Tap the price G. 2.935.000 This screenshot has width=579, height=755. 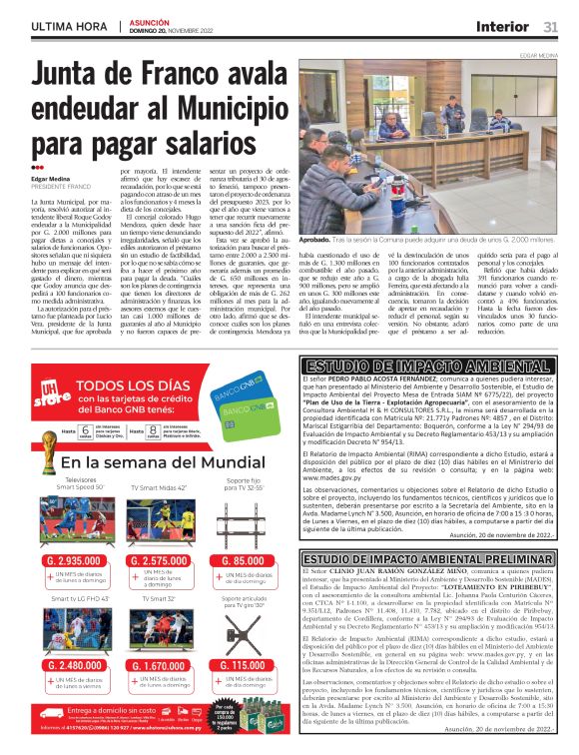[x=73, y=561]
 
